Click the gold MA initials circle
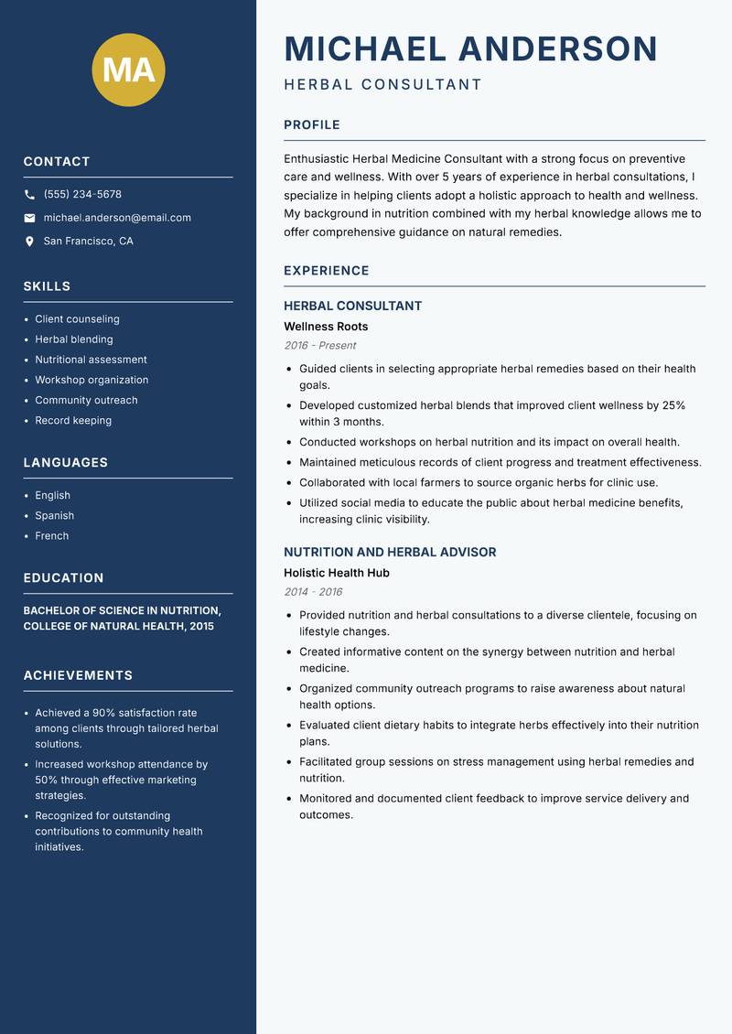pyautogui.click(x=128, y=70)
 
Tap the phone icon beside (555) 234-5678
pyautogui.click(x=29, y=195)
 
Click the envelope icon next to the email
pyautogui.click(x=29, y=218)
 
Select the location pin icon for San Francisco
pyautogui.click(x=29, y=242)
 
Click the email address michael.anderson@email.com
pyautogui.click(x=117, y=218)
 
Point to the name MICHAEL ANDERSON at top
pyautogui.click(x=470, y=48)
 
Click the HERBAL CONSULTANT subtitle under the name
pyautogui.click(x=382, y=85)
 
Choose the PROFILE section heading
pyautogui.click(x=311, y=125)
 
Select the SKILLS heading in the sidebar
pyautogui.click(x=47, y=286)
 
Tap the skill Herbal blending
pyautogui.click(x=73, y=339)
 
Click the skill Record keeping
pyautogui.click(x=73, y=421)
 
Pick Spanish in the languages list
pyautogui.click(x=54, y=516)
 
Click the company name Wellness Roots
pyautogui.click(x=326, y=327)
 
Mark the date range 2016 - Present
pyautogui.click(x=319, y=346)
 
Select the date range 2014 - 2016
pyautogui.click(x=313, y=592)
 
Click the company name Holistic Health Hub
pyautogui.click(x=336, y=573)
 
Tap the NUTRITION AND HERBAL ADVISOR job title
pyautogui.click(x=390, y=553)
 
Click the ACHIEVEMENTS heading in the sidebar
pyautogui.click(x=78, y=675)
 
